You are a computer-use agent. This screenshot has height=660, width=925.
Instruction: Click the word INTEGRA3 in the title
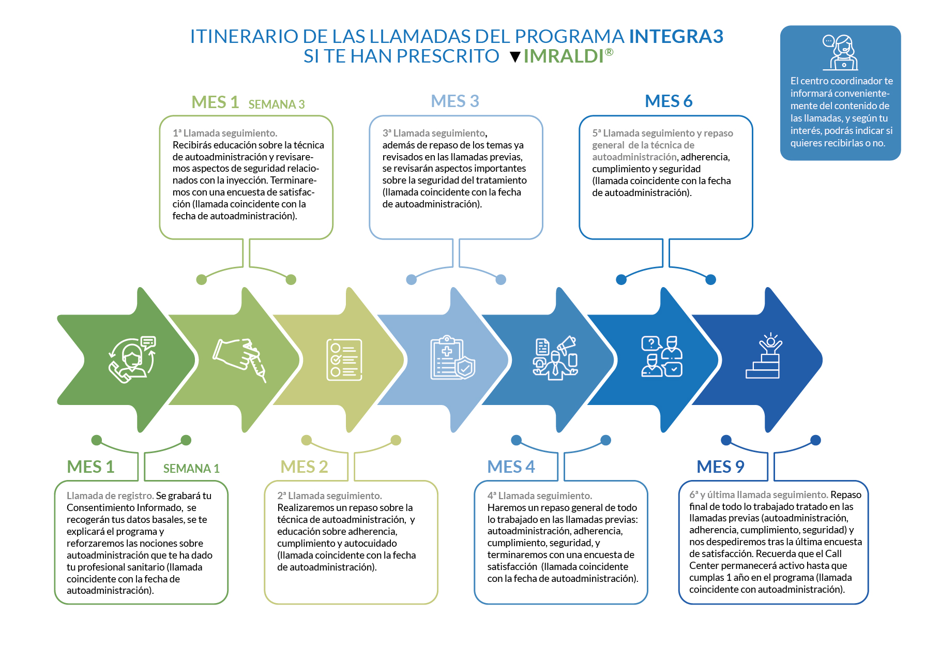(x=676, y=36)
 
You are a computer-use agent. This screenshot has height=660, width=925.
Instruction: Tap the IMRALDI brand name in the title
(x=564, y=56)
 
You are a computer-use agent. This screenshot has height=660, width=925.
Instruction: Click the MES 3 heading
(x=455, y=101)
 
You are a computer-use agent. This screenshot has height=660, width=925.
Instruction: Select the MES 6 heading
(x=669, y=101)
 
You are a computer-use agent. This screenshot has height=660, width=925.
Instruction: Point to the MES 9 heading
(x=720, y=467)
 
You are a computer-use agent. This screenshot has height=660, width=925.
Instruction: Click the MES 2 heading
(x=304, y=467)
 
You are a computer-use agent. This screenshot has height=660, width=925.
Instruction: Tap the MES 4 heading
(x=511, y=467)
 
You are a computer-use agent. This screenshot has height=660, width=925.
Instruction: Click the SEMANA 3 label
(x=277, y=104)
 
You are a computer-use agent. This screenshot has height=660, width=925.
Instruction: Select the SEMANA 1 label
(x=191, y=469)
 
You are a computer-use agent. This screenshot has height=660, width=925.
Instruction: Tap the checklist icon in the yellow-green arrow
(x=344, y=360)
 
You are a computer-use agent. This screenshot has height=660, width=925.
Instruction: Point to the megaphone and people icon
(x=555, y=358)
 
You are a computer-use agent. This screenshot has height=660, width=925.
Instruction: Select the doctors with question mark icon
(x=662, y=356)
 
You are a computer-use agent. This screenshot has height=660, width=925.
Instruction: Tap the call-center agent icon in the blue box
(x=840, y=52)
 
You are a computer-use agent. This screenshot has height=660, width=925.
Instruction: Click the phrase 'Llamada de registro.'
(x=110, y=496)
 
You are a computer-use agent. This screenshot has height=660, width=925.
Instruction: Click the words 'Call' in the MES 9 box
(x=833, y=553)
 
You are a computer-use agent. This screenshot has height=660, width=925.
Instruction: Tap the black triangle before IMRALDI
(x=515, y=57)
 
